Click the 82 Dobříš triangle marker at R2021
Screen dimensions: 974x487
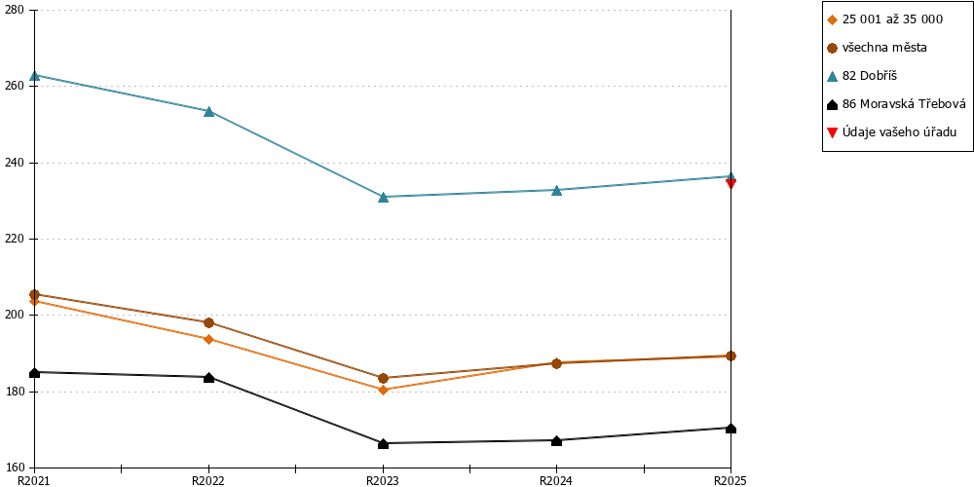pyautogui.click(x=35, y=75)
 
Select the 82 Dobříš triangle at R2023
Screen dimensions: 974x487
pyautogui.click(x=383, y=197)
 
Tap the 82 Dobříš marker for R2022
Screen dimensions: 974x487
pyautogui.click(x=208, y=111)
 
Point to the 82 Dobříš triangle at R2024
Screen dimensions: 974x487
pyautogui.click(x=556, y=190)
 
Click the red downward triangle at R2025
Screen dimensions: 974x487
pyautogui.click(x=731, y=183)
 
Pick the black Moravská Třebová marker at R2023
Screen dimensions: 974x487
pyautogui.click(x=383, y=443)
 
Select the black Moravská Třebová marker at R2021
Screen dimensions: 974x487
pyautogui.click(x=35, y=372)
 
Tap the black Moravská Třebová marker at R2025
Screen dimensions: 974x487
pyautogui.click(x=731, y=428)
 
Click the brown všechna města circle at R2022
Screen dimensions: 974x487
pyautogui.click(x=208, y=322)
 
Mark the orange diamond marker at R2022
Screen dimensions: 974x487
pyautogui.click(x=208, y=339)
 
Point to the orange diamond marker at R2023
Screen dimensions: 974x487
pyautogui.click(x=383, y=390)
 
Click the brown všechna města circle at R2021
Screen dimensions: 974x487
pyautogui.click(x=35, y=294)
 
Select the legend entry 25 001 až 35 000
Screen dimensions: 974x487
pyautogui.click(x=885, y=19)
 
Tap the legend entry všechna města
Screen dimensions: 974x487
pyautogui.click(x=878, y=47)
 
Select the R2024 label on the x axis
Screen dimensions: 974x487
pyautogui.click(x=556, y=480)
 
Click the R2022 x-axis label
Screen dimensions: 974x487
pyautogui.click(x=208, y=480)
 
